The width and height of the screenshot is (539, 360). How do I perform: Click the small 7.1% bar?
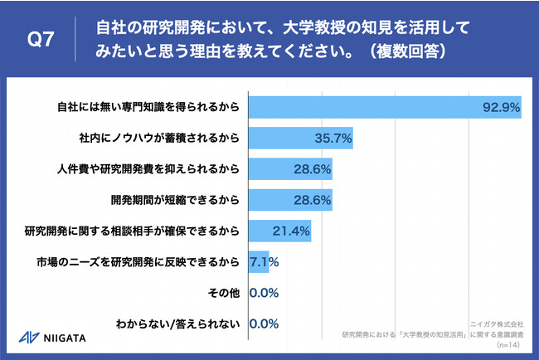[258, 262]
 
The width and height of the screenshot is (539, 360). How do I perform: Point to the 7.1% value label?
[265, 262]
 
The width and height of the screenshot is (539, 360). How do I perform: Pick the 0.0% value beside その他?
[264, 293]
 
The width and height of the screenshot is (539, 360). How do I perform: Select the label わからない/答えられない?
[182, 324]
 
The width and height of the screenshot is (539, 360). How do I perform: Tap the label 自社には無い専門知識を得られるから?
[148, 107]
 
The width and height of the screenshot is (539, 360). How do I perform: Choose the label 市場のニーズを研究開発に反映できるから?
[138, 262]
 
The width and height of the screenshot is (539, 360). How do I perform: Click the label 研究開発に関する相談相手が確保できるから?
[134, 231]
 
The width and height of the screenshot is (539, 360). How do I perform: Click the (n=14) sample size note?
[503, 343]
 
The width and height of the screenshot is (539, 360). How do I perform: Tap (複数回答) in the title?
[389, 51]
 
